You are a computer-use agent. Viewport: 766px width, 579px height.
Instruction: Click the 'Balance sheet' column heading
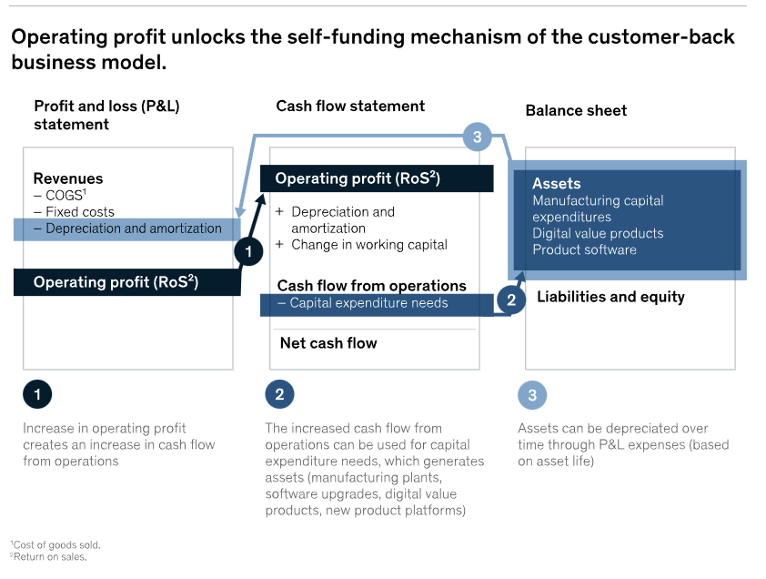pyautogui.click(x=576, y=110)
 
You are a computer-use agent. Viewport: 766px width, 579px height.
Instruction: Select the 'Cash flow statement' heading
pyautogui.click(x=350, y=106)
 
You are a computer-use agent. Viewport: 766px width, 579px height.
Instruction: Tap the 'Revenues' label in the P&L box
pyautogui.click(x=68, y=178)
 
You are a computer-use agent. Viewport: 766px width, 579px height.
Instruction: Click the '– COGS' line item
pyautogui.click(x=64, y=196)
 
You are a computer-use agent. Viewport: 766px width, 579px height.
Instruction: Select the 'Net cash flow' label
pyautogui.click(x=328, y=343)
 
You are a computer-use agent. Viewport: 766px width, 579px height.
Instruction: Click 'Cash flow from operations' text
pyautogui.click(x=371, y=286)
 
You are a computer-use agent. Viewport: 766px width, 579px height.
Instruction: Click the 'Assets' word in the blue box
pyautogui.click(x=556, y=184)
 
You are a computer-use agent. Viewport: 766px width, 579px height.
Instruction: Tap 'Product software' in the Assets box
pyautogui.click(x=584, y=249)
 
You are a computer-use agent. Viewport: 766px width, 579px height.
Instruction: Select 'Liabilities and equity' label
pyautogui.click(x=610, y=297)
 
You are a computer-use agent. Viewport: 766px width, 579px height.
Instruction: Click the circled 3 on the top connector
pyautogui.click(x=477, y=137)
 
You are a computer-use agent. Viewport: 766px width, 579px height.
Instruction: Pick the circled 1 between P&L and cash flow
pyautogui.click(x=248, y=251)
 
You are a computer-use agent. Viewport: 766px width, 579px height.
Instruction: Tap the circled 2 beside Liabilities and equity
pyautogui.click(x=511, y=299)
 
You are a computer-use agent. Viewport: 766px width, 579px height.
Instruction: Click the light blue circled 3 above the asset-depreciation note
pyautogui.click(x=532, y=395)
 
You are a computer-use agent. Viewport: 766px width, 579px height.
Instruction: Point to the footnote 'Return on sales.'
pyautogui.click(x=50, y=556)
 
